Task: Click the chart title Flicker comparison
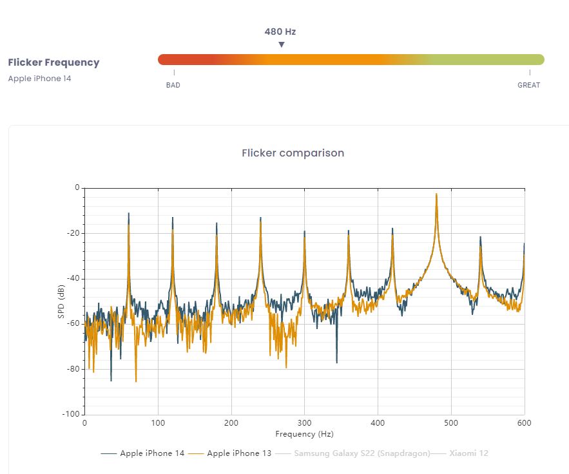(293, 153)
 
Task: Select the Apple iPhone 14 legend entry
(152, 453)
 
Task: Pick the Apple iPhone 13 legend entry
(239, 453)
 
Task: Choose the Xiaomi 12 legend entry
(468, 453)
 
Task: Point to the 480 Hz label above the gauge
(280, 32)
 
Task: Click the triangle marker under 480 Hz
(281, 44)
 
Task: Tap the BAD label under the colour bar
(173, 85)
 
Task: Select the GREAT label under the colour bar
(529, 85)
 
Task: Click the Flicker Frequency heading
(53, 62)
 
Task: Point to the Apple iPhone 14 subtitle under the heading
(40, 79)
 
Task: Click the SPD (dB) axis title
(61, 301)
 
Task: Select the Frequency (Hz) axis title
(304, 434)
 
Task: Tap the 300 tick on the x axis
(304, 422)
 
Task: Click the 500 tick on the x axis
(451, 422)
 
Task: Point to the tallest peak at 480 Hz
(436, 194)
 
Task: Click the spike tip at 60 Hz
(128, 213)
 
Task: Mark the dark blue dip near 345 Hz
(336, 362)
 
